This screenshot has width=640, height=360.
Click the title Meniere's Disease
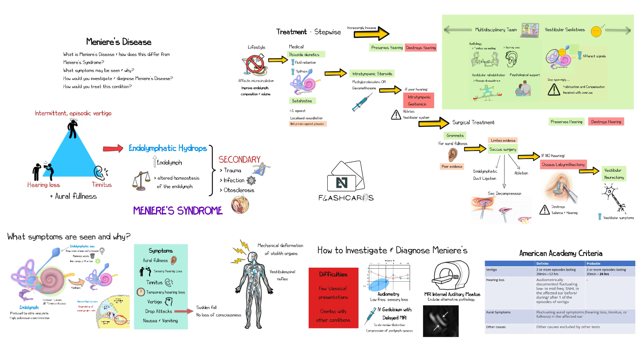pyautogui.click(x=119, y=42)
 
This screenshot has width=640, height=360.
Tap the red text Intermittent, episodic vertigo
pyautogui.click(x=73, y=113)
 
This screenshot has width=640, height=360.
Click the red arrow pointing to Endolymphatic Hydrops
pyautogui.click(x=113, y=148)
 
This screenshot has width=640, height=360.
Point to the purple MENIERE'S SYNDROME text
pyautogui.click(x=178, y=211)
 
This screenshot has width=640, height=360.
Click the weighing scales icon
pyautogui.click(x=141, y=181)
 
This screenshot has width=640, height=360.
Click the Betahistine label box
pyautogui.click(x=302, y=101)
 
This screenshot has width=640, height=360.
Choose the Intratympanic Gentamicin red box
pyautogui.click(x=419, y=100)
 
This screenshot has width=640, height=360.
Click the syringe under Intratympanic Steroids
pyautogui.click(x=362, y=103)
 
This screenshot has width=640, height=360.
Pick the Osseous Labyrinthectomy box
pyautogui.click(x=563, y=165)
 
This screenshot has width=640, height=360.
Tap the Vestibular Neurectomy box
pyautogui.click(x=614, y=174)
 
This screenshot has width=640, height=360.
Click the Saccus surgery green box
pyautogui.click(x=503, y=149)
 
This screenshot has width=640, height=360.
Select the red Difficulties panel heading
pyautogui.click(x=333, y=274)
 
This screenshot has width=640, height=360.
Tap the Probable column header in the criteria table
pyautogui.click(x=593, y=263)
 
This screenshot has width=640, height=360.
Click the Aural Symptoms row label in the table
pyautogui.click(x=498, y=312)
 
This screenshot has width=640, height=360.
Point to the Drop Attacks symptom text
pyautogui.click(x=159, y=311)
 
